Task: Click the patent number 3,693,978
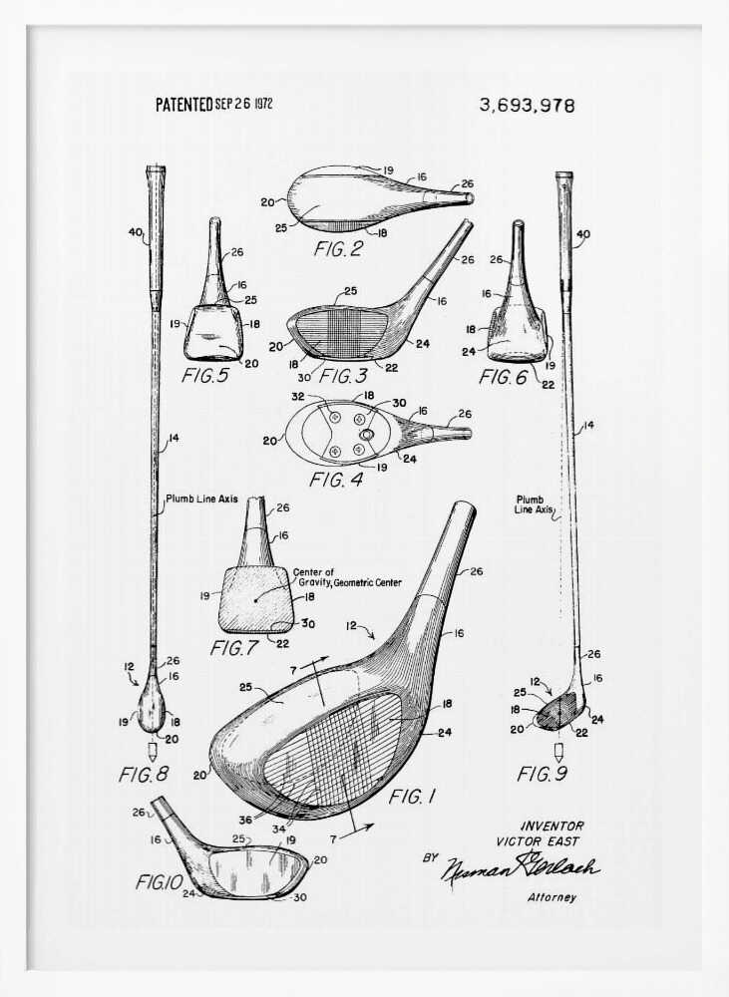527,106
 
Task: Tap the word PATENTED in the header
184,104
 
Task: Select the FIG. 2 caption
338,248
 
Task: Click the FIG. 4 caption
337,480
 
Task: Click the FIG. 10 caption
160,881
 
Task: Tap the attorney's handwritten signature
521,867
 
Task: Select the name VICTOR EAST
537,841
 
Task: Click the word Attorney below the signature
551,897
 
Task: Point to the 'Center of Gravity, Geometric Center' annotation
347,577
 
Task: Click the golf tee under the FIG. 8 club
153,750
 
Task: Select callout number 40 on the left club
136,234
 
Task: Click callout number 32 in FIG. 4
297,397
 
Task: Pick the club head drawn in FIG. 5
213,332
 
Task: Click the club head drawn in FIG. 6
517,334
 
